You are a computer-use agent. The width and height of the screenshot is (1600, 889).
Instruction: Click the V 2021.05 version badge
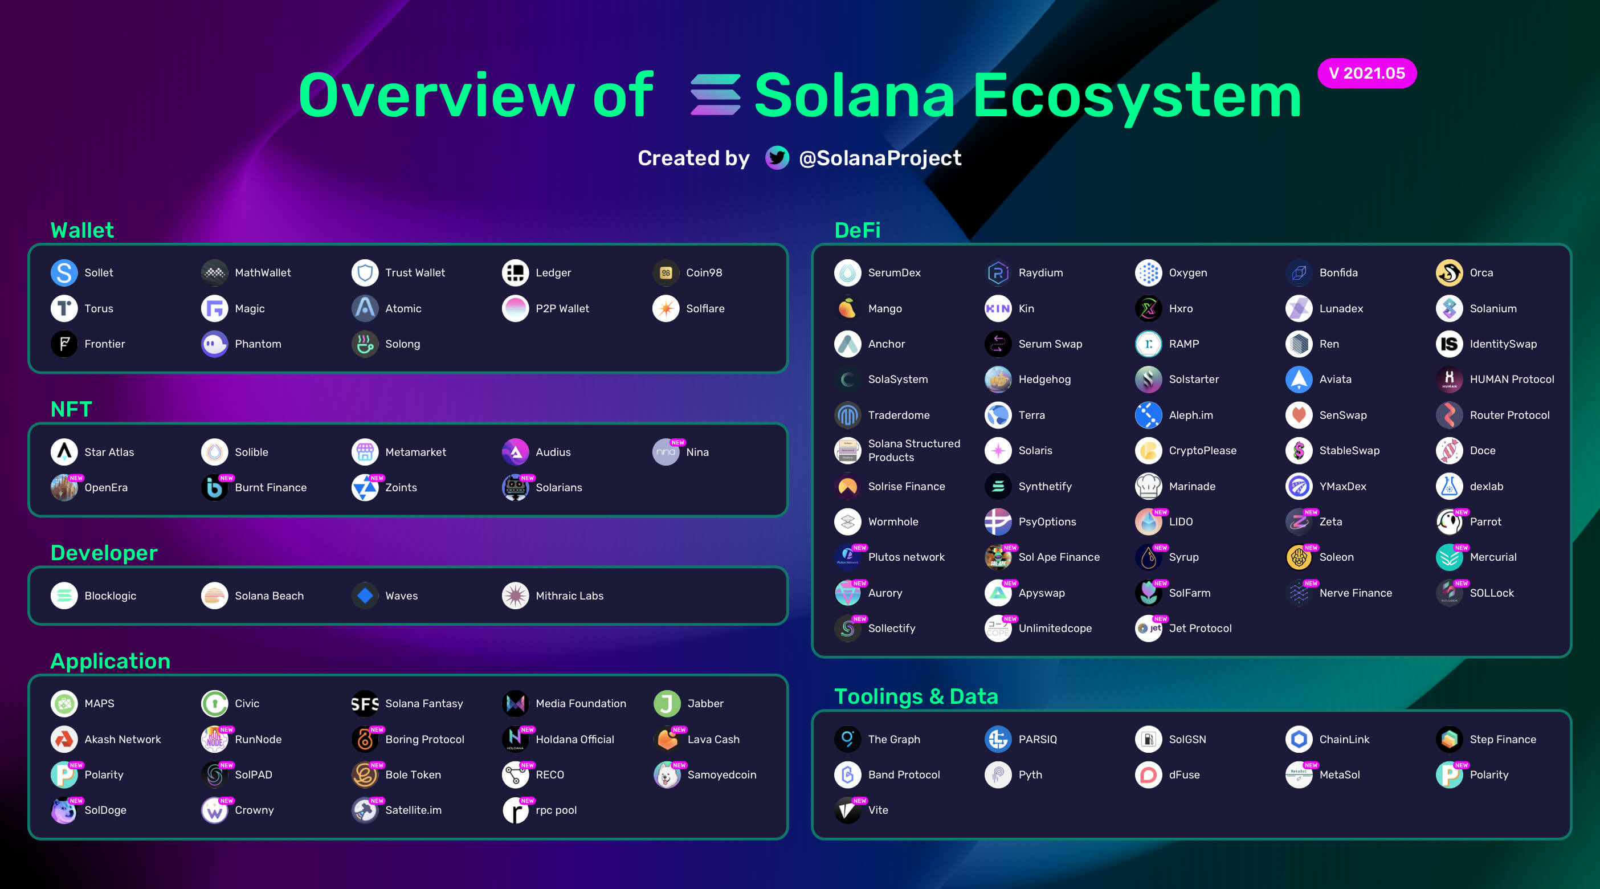(x=1366, y=74)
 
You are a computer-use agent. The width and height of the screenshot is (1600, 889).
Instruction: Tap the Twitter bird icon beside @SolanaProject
(x=777, y=158)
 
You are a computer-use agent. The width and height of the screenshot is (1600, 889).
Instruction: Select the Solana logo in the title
(x=715, y=95)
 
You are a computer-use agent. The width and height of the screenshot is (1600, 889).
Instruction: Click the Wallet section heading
(x=82, y=230)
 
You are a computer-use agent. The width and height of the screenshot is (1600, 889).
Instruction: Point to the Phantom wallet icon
(x=214, y=344)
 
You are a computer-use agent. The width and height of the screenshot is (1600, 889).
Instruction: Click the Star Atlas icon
(x=64, y=452)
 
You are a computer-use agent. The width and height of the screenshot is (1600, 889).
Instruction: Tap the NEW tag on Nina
(x=677, y=442)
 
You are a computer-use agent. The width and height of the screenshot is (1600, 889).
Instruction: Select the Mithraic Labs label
(x=569, y=596)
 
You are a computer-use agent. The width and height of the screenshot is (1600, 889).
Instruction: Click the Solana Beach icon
(x=214, y=596)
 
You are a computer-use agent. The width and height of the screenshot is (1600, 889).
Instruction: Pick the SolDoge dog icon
(x=63, y=811)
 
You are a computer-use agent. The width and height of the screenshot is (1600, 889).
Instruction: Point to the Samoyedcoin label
(x=721, y=774)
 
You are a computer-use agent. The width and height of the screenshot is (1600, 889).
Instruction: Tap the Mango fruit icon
(x=847, y=308)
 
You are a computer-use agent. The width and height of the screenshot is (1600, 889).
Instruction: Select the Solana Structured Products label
(x=913, y=450)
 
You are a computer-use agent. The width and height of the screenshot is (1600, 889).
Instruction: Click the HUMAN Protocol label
(x=1511, y=380)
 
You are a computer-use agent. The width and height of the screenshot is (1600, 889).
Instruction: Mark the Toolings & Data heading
(x=916, y=696)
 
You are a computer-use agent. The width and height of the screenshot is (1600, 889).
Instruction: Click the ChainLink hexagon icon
(x=1298, y=739)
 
